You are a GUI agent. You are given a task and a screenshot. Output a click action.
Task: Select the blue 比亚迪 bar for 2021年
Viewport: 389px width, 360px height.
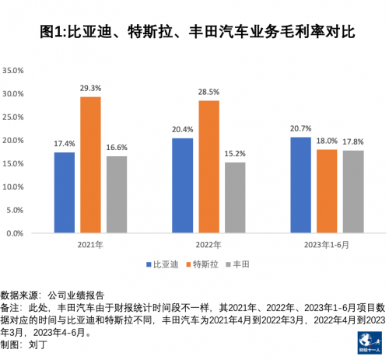[65, 192]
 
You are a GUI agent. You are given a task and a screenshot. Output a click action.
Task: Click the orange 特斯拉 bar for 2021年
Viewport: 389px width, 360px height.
[90, 165]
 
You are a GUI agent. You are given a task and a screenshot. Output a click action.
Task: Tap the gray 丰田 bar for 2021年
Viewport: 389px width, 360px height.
[116, 194]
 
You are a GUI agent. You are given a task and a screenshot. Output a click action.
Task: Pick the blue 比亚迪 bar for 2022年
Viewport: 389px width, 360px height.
[182, 185]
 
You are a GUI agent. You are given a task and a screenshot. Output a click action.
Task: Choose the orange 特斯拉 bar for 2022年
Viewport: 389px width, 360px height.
[208, 166]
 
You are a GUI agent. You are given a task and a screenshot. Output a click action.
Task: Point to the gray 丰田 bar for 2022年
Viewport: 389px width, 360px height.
[234, 197]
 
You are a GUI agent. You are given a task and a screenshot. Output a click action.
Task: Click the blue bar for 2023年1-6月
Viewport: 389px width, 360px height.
[300, 184]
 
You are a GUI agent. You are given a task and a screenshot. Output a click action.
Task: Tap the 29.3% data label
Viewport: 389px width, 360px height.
[90, 89]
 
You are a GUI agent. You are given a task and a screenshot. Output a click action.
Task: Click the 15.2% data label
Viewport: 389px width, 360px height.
[234, 154]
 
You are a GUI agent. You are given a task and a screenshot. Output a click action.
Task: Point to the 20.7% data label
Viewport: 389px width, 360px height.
[300, 128]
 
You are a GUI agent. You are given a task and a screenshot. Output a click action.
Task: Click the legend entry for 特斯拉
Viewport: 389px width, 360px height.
[203, 265]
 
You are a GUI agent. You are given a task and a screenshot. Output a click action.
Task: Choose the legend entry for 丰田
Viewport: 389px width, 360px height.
[241, 265]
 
